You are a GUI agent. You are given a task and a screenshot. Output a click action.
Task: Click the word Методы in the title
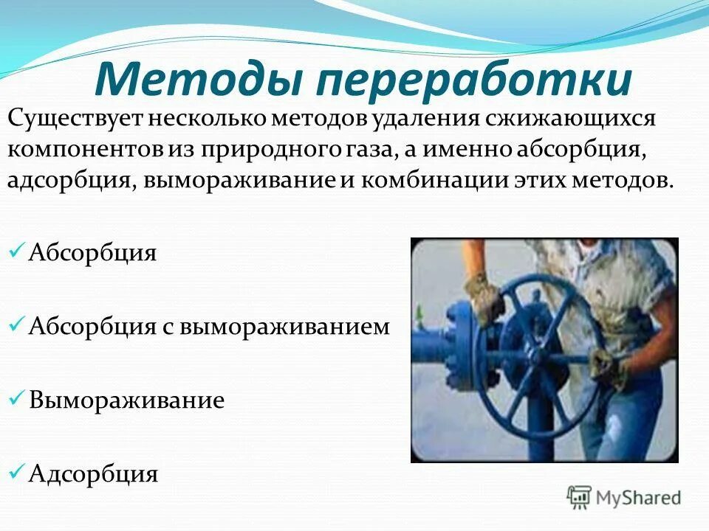pos(194,80)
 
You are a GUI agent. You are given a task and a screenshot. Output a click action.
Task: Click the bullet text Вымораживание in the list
pos(126,400)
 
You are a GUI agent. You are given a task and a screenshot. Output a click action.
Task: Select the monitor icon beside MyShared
pos(580,498)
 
